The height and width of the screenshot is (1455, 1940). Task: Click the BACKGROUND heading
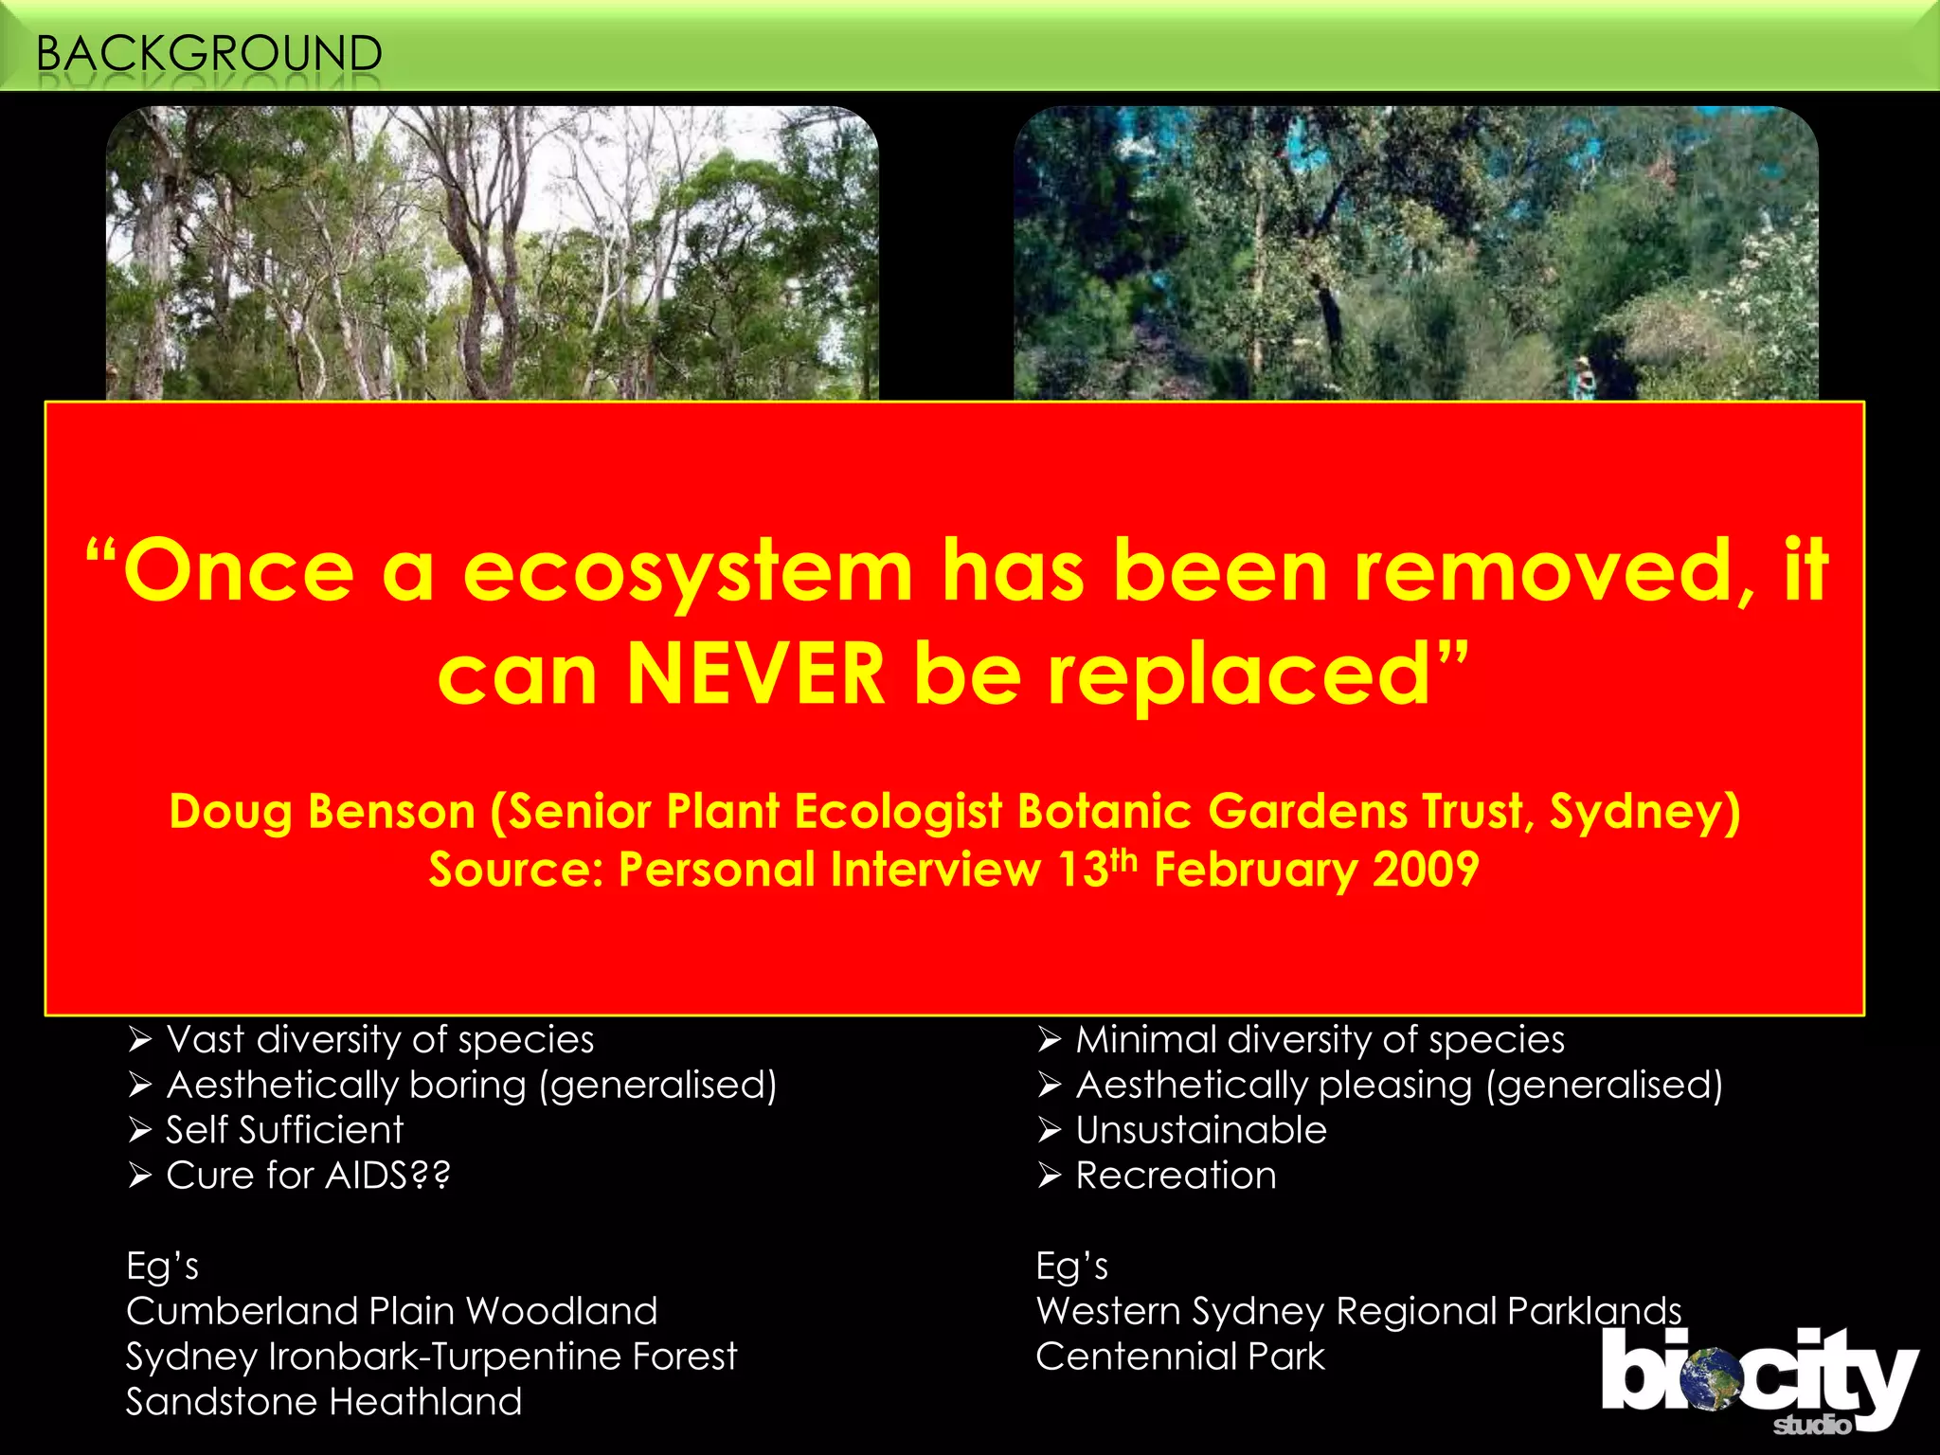pyautogui.click(x=208, y=53)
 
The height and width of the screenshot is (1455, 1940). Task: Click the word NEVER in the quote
pyautogui.click(x=755, y=674)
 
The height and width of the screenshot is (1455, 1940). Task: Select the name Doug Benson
pyautogui.click(x=322, y=812)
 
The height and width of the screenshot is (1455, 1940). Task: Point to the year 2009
pyautogui.click(x=1426, y=870)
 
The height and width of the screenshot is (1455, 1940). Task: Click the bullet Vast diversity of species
pyautogui.click(x=380, y=1040)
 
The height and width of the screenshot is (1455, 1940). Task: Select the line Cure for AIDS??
pyautogui.click(x=308, y=1176)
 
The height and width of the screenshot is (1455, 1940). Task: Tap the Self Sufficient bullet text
pyautogui.click(x=284, y=1130)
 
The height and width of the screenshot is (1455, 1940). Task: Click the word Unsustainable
pyautogui.click(x=1201, y=1130)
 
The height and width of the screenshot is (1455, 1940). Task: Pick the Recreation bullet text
pyautogui.click(x=1176, y=1176)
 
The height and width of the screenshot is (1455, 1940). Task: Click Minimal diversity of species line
pyautogui.click(x=1320, y=1040)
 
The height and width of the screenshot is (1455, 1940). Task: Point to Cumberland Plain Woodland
pyautogui.click(x=391, y=1312)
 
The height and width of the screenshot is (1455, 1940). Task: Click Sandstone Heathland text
pyautogui.click(x=324, y=1402)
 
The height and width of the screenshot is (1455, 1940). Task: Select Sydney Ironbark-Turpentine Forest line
pyautogui.click(x=431, y=1356)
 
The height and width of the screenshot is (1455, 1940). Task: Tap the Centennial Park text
pyautogui.click(x=1179, y=1356)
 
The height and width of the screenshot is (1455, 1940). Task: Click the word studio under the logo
pyautogui.click(x=1810, y=1425)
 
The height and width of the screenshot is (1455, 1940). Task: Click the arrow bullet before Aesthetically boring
pyautogui.click(x=140, y=1086)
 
